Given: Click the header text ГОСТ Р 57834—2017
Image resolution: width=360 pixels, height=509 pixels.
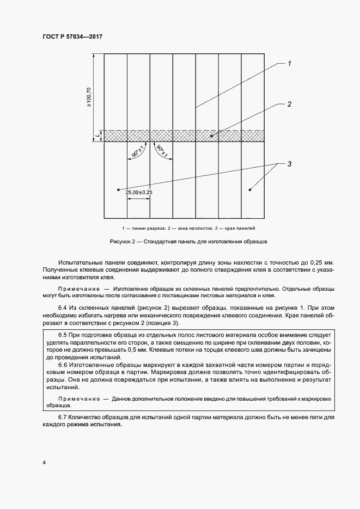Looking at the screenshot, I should tap(72, 37).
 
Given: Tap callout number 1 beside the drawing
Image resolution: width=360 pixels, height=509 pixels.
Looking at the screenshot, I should tap(289, 64).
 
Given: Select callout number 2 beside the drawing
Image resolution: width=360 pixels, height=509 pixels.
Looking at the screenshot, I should tap(289, 104).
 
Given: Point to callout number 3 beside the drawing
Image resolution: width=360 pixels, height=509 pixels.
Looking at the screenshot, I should tap(289, 164).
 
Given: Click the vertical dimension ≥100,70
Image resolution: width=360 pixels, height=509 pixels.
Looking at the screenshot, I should tap(89, 97).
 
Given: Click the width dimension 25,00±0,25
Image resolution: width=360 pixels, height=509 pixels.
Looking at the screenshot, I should tap(138, 192).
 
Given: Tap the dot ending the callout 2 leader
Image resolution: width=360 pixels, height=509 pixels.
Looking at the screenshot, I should tap(213, 135).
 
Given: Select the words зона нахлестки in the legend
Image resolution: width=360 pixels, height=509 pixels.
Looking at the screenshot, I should tap(192, 228).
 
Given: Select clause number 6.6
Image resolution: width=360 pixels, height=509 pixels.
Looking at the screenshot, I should tap(64, 364).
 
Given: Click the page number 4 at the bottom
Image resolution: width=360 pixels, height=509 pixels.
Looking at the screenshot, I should tap(43, 463).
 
